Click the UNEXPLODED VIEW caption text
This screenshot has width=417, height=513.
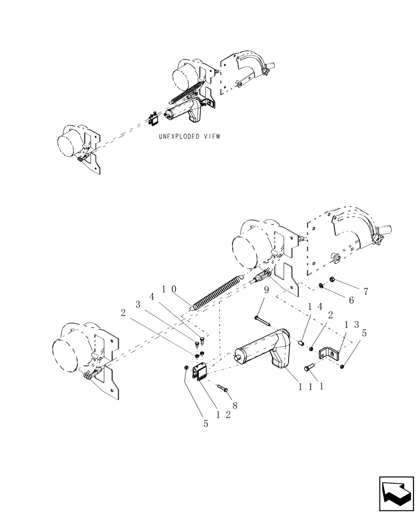[x=189, y=136]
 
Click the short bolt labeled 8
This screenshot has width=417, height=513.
[x=222, y=388]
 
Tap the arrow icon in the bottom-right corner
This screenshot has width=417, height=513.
[x=396, y=494]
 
